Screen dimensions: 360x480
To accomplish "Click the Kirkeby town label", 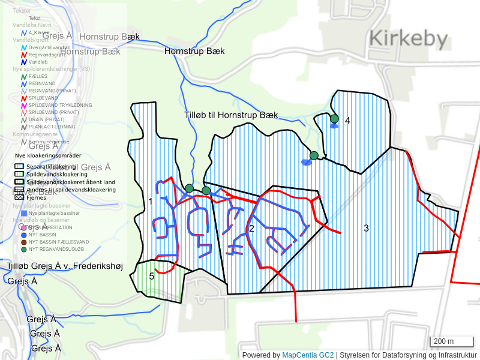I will coord(409,40).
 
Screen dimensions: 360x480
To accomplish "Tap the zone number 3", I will coord(366,228).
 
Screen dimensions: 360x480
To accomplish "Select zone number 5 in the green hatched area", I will coord(151,276).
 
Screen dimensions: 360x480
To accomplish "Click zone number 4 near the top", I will coord(347,121).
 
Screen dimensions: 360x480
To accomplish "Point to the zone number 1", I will coord(150,202).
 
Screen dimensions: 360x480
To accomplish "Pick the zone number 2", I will coord(251,228).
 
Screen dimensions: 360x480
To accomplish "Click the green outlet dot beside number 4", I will coord(334,119).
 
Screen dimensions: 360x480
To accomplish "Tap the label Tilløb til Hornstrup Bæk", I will coord(231,115).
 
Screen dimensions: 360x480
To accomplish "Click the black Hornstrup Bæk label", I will coord(194,52).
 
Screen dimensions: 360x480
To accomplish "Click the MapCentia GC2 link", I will coord(307,355).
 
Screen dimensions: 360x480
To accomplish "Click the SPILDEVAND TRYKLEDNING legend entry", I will coord(60,105).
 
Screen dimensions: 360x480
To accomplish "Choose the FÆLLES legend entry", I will coord(38,76).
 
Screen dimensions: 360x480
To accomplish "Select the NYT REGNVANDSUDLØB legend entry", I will coord(56,250).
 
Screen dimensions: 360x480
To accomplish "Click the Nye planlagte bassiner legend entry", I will coord(54,213).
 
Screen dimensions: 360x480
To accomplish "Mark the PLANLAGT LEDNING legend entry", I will coord(52,127).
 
